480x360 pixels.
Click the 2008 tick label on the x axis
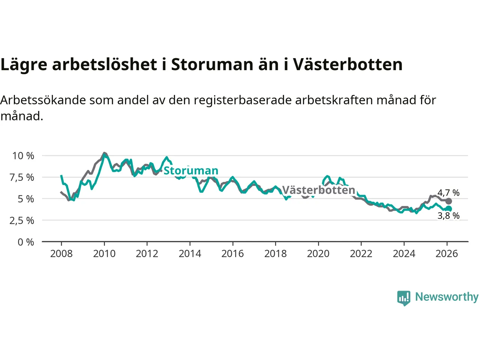(61, 254)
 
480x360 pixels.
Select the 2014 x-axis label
(190, 254)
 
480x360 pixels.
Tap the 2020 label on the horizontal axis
(318, 254)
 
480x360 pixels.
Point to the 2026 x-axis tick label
(447, 254)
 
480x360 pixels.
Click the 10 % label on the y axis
(23, 156)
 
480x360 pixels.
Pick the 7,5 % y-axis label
(22, 177)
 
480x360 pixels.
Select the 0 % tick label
(26, 242)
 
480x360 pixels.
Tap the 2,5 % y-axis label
(22, 220)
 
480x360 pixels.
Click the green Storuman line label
(191, 171)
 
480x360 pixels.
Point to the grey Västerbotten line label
(318, 190)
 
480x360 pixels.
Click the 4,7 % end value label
(448, 193)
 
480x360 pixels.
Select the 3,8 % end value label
(448, 216)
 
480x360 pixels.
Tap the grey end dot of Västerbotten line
(448, 201)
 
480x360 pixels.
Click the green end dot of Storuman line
(448, 209)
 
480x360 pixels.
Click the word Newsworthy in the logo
(447, 297)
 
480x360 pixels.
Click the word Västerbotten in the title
(348, 64)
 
